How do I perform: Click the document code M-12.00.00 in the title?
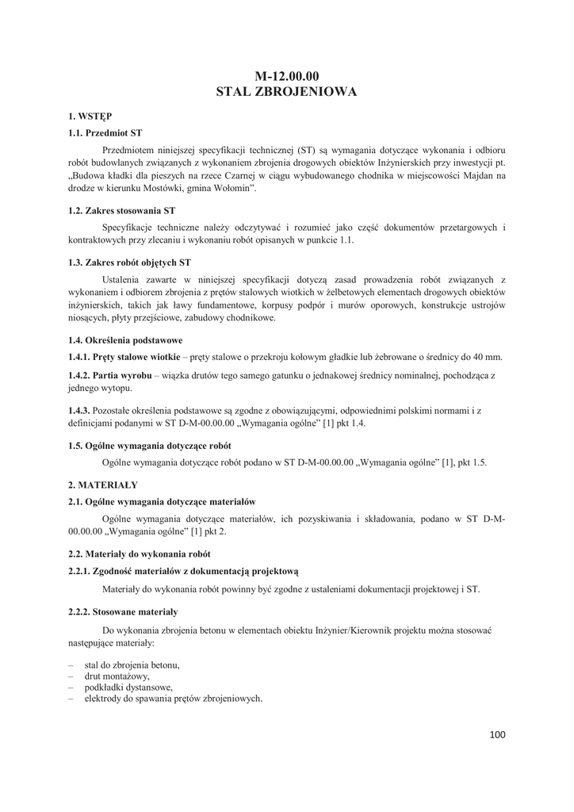click(286, 76)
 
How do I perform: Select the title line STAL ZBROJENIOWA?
click(286, 92)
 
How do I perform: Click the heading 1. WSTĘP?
click(89, 116)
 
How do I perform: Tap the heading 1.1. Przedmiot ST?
click(105, 132)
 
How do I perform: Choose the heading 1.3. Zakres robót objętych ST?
click(129, 262)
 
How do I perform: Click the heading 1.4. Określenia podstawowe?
click(125, 339)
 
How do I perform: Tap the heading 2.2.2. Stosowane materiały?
click(123, 612)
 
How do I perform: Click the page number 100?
click(497, 735)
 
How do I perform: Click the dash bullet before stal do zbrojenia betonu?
click(71, 665)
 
